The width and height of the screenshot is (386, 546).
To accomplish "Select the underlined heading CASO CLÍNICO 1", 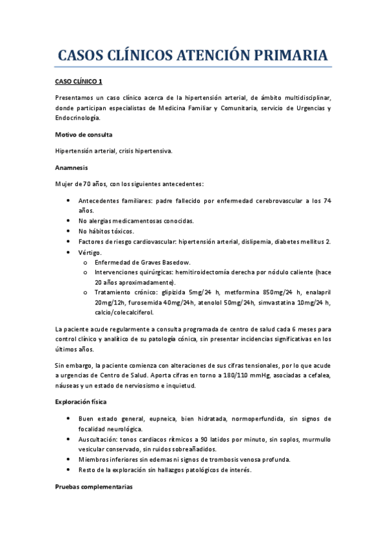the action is [77, 82].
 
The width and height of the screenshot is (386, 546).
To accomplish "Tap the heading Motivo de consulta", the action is [84, 135].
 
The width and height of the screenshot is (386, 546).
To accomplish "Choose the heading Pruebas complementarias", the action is [93, 487].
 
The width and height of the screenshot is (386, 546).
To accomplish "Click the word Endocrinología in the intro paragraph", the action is [77, 118].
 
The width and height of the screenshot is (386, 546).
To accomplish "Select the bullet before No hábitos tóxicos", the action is [69, 231].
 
